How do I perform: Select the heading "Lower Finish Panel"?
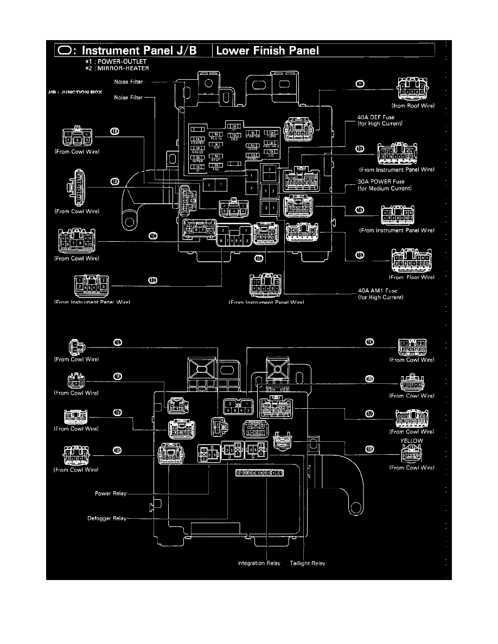[x=267, y=51]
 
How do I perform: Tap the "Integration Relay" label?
[x=259, y=564]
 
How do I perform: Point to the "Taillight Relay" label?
[x=308, y=564]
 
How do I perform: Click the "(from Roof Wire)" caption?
[x=412, y=105]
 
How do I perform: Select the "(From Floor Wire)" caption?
[x=412, y=278]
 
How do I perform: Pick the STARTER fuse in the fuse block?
[x=252, y=133]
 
